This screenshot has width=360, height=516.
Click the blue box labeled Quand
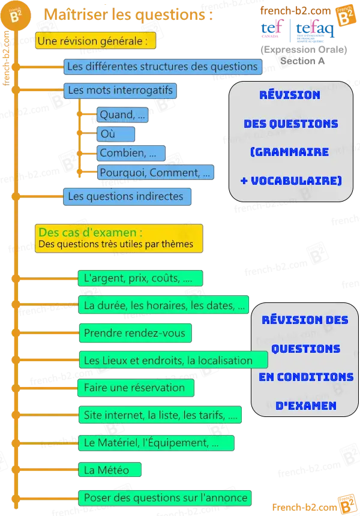(122, 115)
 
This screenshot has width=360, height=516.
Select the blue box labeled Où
(116, 134)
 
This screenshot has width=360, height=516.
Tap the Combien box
(131, 153)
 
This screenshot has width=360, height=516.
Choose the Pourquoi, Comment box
(155, 172)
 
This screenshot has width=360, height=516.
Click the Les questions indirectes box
(127, 196)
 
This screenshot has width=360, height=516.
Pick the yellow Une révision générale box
(95, 41)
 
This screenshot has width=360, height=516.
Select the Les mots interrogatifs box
(120, 91)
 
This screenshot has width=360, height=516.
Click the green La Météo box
(110, 470)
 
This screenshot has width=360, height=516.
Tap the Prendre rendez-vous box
(135, 333)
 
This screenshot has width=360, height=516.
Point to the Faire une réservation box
(136, 388)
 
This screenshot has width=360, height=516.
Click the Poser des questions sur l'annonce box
(165, 498)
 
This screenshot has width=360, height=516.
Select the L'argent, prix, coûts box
(140, 278)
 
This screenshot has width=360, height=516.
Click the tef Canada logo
(272, 28)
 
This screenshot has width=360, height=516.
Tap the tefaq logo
(314, 30)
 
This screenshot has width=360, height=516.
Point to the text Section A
(302, 61)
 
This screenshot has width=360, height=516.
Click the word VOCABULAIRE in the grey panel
(296, 181)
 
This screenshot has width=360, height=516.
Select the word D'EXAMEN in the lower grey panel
(306, 406)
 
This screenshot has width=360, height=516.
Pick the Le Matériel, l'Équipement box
(157, 443)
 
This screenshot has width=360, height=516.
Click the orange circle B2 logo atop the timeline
(16, 16)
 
